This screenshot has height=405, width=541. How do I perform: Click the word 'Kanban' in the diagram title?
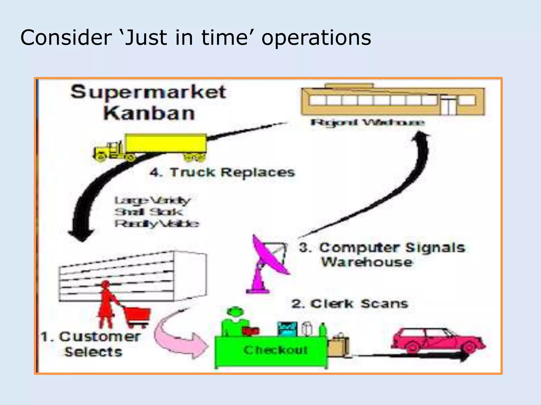point(149,113)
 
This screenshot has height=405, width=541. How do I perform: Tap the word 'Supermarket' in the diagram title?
point(148,92)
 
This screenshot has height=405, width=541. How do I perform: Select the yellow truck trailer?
point(166,143)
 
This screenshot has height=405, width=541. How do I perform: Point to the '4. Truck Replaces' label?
point(222,172)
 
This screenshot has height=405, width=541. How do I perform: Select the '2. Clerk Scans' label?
point(350,304)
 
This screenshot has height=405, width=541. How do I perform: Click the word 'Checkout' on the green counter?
point(276,350)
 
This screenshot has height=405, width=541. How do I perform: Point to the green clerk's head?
point(235,312)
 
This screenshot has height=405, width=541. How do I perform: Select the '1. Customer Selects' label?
point(91,344)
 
